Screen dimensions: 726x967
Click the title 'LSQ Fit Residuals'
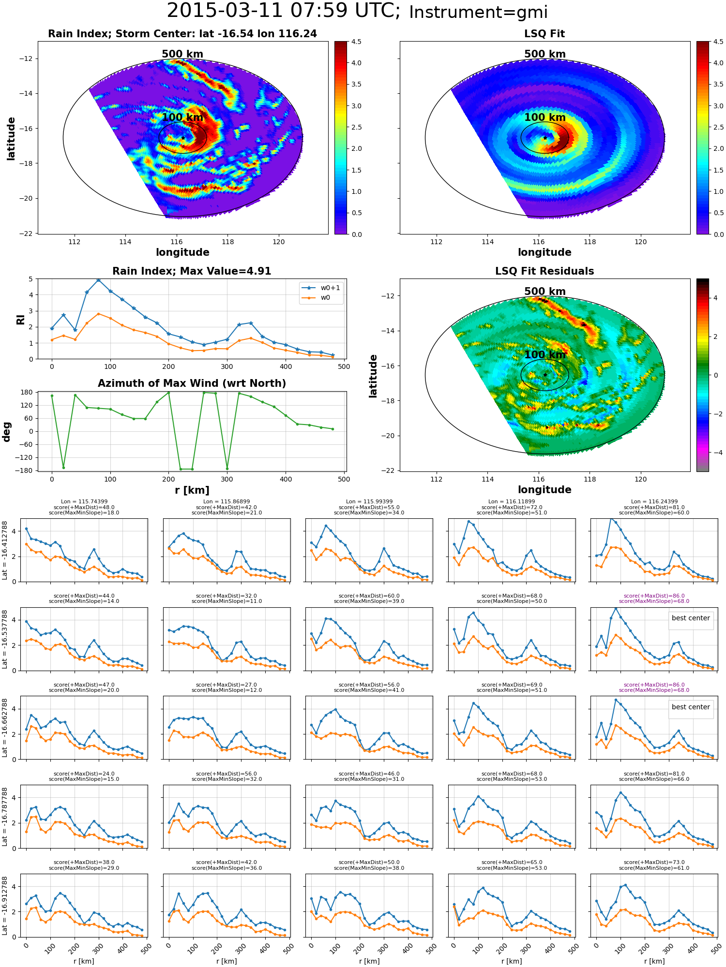coord(544,271)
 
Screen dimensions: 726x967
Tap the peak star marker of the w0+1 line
coord(98,279)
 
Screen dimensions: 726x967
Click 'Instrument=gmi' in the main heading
coord(478,13)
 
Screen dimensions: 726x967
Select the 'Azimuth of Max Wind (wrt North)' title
coord(192,383)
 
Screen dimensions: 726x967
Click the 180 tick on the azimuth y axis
coord(27,392)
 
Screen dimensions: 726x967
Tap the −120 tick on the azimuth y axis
coord(24,457)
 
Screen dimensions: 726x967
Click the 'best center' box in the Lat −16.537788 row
coord(691,618)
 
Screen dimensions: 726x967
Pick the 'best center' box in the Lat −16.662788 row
coord(691,707)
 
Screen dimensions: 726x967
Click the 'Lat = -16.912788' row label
coord(5,906)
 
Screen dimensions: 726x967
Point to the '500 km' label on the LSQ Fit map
coord(545,54)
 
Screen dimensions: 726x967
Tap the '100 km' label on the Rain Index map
coord(182,117)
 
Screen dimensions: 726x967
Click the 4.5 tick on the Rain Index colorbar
coord(356,42)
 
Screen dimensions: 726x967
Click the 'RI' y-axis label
coord(21,319)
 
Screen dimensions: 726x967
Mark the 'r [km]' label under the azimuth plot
coord(192,490)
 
